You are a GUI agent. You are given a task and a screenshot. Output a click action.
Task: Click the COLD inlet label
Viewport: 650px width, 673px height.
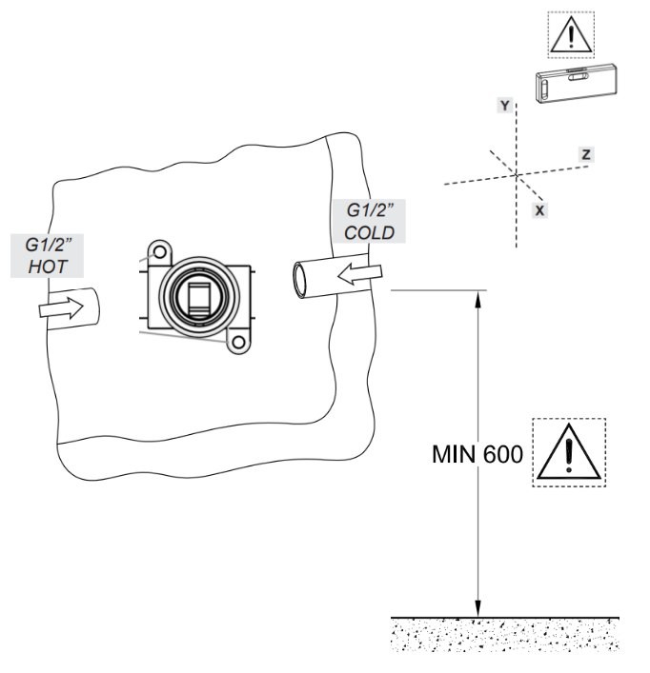pos(370,220)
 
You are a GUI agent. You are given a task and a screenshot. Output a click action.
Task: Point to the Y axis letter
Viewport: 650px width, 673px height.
pos(504,105)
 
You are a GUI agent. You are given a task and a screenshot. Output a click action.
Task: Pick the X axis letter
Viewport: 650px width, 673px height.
pos(539,209)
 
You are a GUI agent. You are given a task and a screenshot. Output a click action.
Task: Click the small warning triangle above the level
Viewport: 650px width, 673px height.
pos(571,36)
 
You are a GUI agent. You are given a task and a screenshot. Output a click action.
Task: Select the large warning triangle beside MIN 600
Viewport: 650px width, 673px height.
pos(568,453)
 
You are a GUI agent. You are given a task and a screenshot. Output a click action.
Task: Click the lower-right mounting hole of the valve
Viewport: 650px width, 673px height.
pos(237,339)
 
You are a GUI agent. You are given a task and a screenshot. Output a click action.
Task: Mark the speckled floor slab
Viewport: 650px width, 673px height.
pos(505,635)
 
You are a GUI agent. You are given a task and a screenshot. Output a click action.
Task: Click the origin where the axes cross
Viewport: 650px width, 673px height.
pos(517,174)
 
